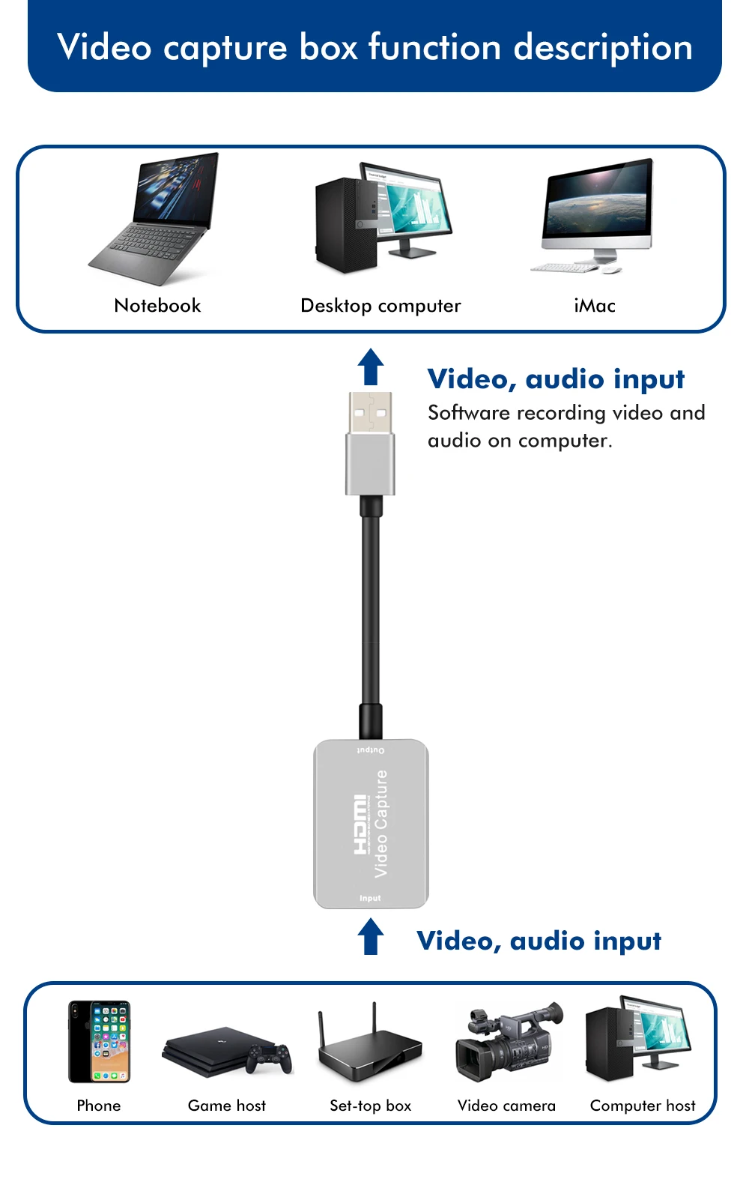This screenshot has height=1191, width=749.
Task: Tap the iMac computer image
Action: tap(595, 214)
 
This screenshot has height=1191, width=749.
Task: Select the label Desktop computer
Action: tap(380, 306)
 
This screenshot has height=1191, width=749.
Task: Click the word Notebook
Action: tap(157, 306)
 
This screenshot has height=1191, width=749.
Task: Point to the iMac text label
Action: tap(595, 306)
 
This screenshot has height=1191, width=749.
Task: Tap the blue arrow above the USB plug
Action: tap(371, 367)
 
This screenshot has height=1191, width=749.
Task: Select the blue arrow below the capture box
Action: tap(371, 937)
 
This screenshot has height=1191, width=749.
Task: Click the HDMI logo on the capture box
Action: tap(360, 824)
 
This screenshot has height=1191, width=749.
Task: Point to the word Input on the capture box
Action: tap(370, 898)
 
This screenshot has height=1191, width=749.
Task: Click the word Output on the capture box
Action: tap(371, 750)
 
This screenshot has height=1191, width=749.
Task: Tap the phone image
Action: tap(100, 1042)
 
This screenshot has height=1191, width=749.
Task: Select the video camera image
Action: tap(508, 1042)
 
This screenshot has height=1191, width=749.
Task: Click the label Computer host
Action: tap(643, 1106)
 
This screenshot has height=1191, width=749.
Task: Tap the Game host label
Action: tap(227, 1106)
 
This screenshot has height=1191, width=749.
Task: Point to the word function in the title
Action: tap(434, 47)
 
